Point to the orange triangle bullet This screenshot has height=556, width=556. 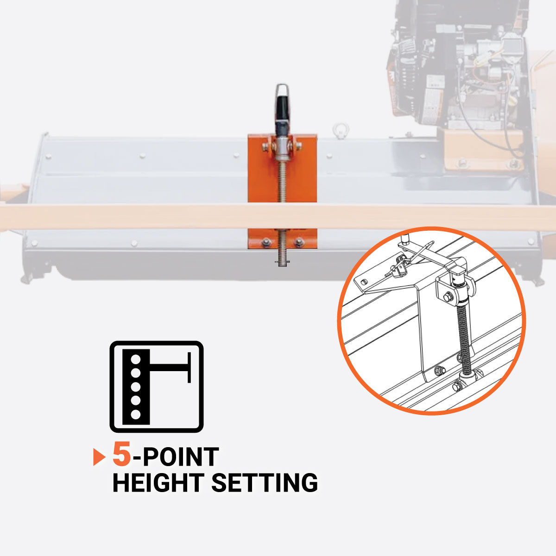(x=98, y=457)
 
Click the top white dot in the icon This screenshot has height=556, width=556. (x=136, y=359)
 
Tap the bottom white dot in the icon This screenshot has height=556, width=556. (x=136, y=415)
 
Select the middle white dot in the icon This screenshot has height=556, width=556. (x=136, y=387)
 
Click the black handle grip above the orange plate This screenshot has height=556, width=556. (x=283, y=114)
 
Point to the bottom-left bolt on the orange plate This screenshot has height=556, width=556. (x=266, y=242)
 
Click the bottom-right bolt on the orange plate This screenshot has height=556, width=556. (x=299, y=242)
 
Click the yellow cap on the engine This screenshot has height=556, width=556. (x=512, y=102)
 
